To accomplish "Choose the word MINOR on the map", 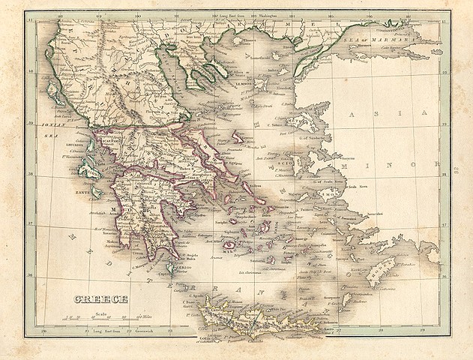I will (x=431, y=161).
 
